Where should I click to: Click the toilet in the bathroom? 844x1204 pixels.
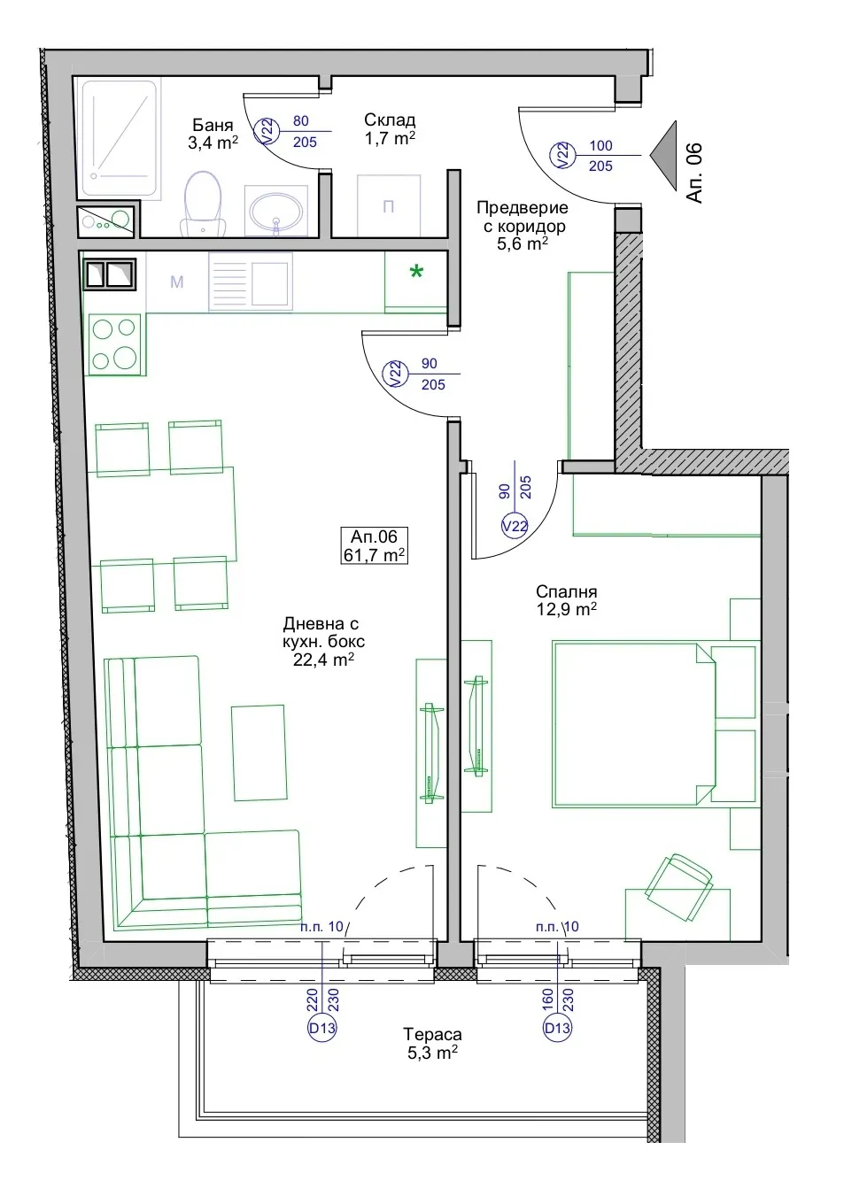point(203,205)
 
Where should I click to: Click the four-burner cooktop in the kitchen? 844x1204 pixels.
point(114,344)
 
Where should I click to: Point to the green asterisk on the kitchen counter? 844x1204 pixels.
point(416,272)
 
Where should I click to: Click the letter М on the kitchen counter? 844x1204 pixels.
point(177,282)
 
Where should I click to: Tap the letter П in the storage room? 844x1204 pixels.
point(388,206)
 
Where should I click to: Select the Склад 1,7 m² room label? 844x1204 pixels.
point(390,129)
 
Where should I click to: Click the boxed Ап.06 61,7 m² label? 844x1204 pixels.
point(374,545)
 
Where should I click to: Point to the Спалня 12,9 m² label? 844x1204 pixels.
point(566,600)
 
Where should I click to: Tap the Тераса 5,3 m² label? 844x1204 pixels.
point(432,1043)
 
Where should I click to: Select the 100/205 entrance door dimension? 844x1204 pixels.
point(600,156)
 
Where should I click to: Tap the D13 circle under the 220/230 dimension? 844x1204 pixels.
point(322,1028)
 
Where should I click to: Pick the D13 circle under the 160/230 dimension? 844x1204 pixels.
point(557,1028)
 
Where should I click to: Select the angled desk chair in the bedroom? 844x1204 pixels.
point(678,887)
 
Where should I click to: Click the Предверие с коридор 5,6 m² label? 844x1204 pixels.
point(523,226)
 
